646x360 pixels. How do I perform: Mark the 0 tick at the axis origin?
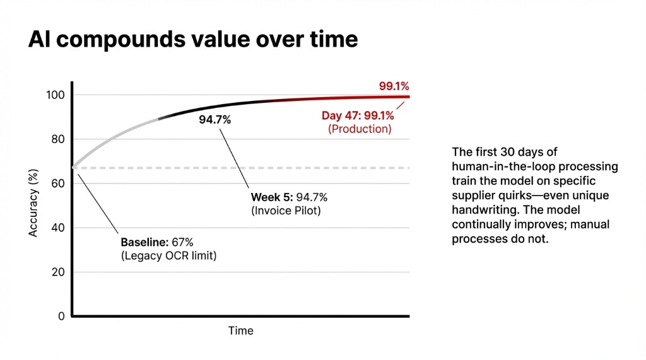click(x=62, y=316)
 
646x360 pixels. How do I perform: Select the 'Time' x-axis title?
click(x=240, y=331)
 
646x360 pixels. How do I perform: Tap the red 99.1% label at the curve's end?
click(x=394, y=86)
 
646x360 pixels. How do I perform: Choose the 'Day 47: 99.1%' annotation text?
click(x=358, y=115)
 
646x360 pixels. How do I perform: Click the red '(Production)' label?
click(x=360, y=129)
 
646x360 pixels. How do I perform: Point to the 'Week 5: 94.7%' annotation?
click(x=289, y=197)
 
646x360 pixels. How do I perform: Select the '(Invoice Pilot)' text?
click(x=286, y=211)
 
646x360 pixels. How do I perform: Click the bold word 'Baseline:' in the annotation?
click(x=143, y=242)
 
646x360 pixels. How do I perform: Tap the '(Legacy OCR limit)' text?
click(x=168, y=256)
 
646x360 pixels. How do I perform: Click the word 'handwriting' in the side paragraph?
click(x=481, y=209)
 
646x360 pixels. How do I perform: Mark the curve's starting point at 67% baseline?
click(x=74, y=168)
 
